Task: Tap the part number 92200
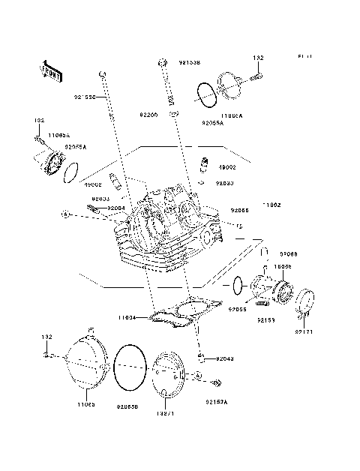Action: click(x=148, y=115)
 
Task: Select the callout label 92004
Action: click(x=116, y=208)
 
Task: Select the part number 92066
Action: click(x=239, y=210)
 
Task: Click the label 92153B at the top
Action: click(x=190, y=63)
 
